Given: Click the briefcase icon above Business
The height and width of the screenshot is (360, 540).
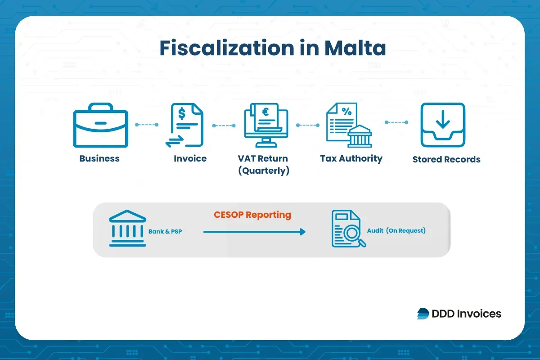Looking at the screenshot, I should [100, 126].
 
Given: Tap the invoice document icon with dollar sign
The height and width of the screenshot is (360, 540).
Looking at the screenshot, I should [184, 125].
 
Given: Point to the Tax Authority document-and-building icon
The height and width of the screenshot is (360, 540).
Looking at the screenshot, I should [348, 125].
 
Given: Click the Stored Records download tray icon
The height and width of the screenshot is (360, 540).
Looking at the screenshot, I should [443, 125].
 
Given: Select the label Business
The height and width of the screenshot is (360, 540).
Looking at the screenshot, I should [99, 158].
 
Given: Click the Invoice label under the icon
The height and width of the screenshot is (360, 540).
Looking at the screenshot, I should [190, 158].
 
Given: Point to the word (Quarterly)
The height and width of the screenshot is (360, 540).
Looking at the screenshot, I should [264, 171].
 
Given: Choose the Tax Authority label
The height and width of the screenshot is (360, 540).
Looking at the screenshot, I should [351, 158].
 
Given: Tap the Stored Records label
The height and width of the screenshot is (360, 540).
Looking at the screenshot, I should [446, 159].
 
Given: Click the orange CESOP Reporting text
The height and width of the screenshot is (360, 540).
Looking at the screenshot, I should [252, 215].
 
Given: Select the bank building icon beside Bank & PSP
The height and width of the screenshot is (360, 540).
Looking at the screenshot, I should [128, 228].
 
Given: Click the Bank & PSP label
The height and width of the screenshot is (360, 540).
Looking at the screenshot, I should [165, 232].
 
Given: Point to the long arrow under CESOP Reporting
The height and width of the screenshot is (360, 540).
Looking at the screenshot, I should [254, 232].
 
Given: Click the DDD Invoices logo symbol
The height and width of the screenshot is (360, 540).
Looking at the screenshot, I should [423, 314].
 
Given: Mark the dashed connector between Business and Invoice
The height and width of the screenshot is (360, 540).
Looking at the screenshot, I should [147, 125].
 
